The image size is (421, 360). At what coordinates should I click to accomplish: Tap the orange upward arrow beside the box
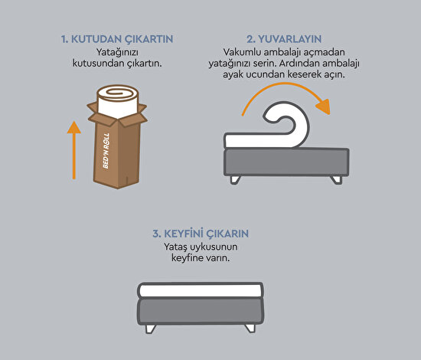tap(73, 150)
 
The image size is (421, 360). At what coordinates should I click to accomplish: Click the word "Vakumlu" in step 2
tap(233, 51)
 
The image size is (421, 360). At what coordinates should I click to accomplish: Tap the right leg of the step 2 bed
tap(336, 179)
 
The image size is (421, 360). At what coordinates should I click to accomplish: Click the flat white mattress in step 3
tap(200, 290)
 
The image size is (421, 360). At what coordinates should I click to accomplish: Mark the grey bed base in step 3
tap(200, 310)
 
